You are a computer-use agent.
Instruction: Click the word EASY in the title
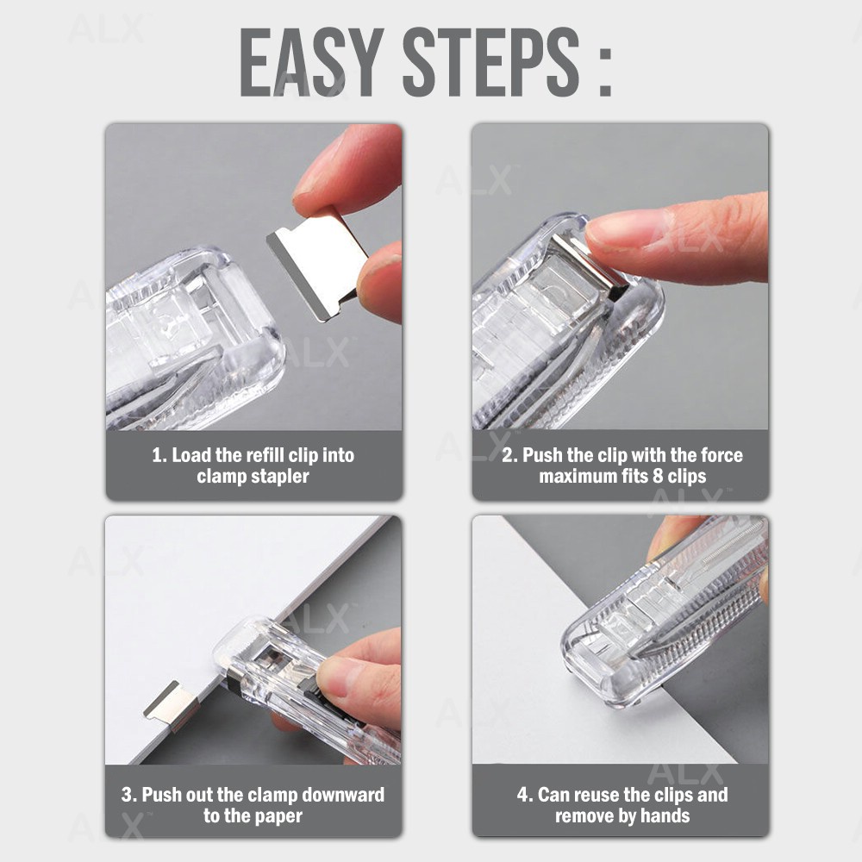tap(312, 61)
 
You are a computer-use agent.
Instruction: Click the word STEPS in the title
tap(491, 61)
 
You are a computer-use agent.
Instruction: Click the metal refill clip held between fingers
tap(318, 263)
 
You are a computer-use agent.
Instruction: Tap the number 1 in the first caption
tap(159, 456)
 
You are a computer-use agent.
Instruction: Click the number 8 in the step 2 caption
tap(658, 476)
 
